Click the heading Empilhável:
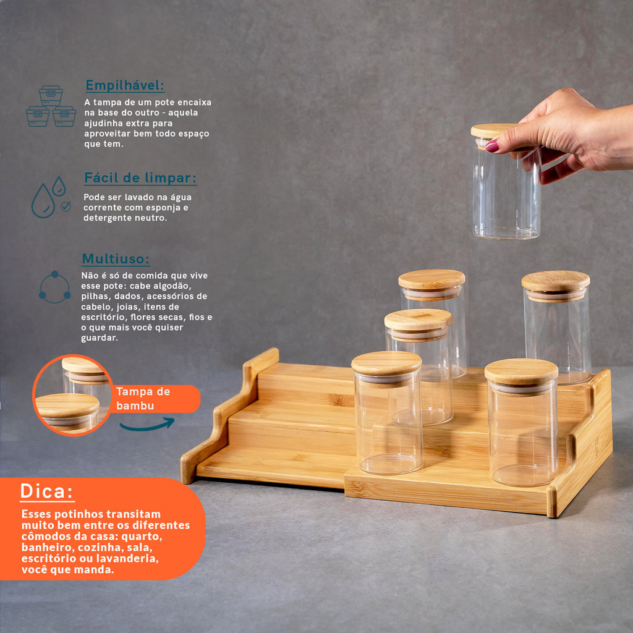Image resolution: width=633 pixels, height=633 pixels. click(x=125, y=85)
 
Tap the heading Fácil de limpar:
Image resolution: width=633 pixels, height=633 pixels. click(x=140, y=178)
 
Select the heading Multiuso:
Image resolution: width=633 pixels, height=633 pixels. click(x=116, y=259)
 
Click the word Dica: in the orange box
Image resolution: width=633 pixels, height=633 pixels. click(x=47, y=491)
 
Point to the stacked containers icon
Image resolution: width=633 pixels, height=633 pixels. click(x=51, y=106)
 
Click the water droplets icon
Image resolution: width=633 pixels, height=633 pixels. click(x=50, y=197)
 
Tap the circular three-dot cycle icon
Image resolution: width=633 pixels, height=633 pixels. click(x=55, y=287)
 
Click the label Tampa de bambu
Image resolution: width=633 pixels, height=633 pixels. click(x=143, y=399)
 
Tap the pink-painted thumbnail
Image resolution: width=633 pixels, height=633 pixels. click(x=491, y=146)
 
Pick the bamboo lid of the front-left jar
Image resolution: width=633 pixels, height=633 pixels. click(x=386, y=363)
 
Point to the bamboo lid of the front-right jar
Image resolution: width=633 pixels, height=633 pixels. click(x=521, y=372)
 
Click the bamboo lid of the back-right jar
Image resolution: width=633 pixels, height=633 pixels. click(x=556, y=281)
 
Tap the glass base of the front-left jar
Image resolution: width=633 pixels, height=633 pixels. click(x=389, y=464)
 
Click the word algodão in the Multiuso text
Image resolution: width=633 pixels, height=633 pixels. click(x=174, y=286)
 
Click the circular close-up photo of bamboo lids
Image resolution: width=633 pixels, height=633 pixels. click(x=72, y=395)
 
